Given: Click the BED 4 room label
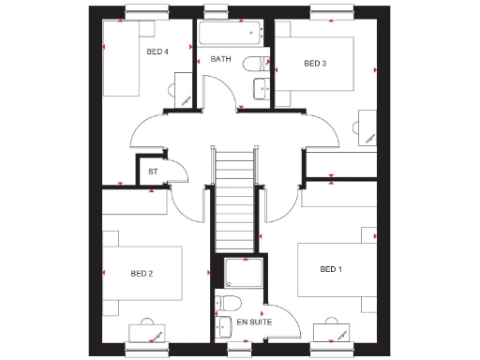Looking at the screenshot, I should (x=157, y=52).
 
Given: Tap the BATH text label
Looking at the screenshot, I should (x=221, y=59).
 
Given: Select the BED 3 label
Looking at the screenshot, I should (x=315, y=63).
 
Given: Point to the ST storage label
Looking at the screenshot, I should (x=153, y=172).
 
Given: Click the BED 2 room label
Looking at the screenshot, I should (x=142, y=273).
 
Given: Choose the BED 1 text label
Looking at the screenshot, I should (x=331, y=269).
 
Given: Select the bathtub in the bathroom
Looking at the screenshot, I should (x=231, y=36).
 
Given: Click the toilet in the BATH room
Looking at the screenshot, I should (x=251, y=64).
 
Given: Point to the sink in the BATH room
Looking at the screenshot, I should (x=262, y=90).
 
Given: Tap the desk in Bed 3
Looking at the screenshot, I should (x=367, y=128).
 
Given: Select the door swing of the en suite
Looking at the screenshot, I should (x=281, y=323).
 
